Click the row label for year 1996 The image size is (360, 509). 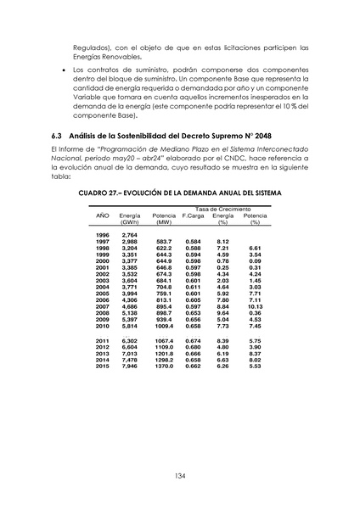coord(102,234)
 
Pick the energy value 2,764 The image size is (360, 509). coord(130,234)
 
